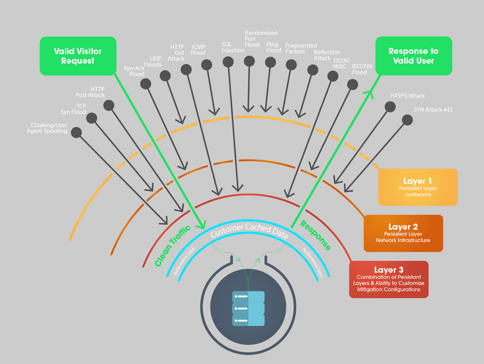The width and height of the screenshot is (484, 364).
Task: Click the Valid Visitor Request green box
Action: [78, 56]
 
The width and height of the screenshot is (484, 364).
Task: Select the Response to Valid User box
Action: [414, 56]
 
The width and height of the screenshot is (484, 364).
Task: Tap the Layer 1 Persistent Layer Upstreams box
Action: [418, 187]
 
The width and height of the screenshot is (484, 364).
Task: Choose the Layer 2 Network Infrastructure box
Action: [403, 233]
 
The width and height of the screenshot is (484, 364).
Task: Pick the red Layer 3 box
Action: [389, 279]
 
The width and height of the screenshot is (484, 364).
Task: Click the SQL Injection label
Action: [233, 47]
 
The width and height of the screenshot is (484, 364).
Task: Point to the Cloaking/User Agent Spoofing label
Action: [47, 128]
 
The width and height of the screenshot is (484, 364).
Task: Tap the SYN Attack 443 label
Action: [433, 110]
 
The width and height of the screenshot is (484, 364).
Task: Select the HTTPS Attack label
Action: [407, 96]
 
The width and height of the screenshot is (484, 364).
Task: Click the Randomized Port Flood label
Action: [261, 39]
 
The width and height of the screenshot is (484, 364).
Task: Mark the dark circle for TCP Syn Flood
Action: [92, 118]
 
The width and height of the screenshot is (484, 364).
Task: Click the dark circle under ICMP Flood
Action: [207, 65]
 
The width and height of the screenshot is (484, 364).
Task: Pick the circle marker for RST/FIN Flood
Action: [353, 84]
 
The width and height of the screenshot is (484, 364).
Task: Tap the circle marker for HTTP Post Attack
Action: [109, 105]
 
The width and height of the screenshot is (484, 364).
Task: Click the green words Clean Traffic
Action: [172, 246]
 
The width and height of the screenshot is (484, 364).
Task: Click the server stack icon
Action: [248, 308]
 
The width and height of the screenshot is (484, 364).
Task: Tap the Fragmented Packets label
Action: [301, 48]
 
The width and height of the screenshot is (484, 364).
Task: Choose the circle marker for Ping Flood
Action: [270, 62]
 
